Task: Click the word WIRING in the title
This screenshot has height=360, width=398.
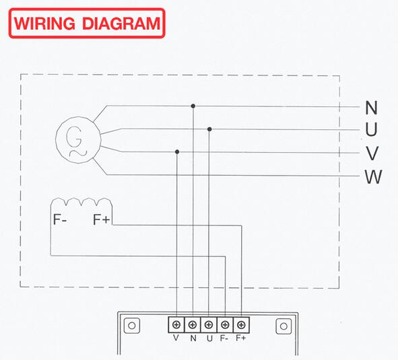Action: point(44,24)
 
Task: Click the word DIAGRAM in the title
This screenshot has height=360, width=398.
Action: point(121,24)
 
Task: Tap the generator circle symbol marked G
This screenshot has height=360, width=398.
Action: point(78,139)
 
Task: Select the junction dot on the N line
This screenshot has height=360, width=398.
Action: point(193,106)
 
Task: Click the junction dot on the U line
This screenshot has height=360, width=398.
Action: point(209,129)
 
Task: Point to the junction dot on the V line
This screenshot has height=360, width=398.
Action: point(177,151)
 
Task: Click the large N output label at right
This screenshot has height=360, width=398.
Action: point(371,108)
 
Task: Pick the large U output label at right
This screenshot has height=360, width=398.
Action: point(371,129)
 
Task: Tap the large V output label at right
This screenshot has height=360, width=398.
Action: point(372,153)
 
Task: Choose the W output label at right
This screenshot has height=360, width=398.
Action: point(373,176)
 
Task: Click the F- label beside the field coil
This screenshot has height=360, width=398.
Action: point(60,219)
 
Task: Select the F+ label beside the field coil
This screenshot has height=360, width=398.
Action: point(102,219)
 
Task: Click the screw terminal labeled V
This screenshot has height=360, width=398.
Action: point(176,325)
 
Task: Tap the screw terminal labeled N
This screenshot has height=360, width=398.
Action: point(193,325)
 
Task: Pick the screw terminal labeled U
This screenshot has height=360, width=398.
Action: point(209,325)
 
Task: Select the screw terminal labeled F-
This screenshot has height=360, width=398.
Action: point(225,325)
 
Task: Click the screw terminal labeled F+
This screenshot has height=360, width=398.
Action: point(241,325)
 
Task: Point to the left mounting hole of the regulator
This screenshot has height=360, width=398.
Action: point(132,326)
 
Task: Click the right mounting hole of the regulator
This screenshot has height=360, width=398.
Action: point(284,326)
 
